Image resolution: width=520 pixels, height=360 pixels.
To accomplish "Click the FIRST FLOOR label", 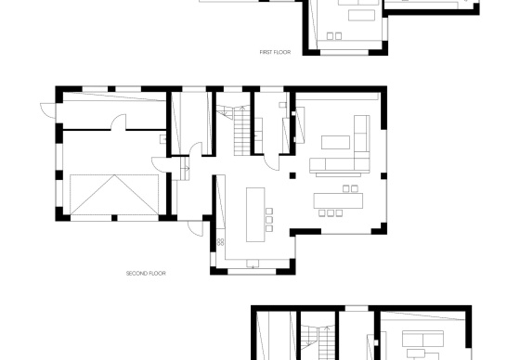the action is tap(275, 52).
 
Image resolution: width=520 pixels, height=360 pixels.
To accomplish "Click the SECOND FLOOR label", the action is tap(146, 273).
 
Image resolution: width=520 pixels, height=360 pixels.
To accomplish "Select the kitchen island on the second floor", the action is tap(255, 214).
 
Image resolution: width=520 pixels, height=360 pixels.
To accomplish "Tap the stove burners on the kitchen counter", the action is tap(221, 242).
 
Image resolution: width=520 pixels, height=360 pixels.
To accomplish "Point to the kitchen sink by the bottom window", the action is tap(253, 264).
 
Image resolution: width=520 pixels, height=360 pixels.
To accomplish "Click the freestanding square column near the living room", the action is tap(292, 175).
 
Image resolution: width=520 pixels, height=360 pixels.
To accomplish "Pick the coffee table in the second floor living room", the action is tap(335, 142).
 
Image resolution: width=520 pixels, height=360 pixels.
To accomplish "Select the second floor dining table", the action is tap(338, 201).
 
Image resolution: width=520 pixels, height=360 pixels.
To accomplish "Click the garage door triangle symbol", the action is tap(114, 195).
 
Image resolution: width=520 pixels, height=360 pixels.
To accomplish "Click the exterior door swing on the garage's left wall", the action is tap(48, 110).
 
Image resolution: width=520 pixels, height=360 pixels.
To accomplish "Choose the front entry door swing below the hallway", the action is tap(195, 228).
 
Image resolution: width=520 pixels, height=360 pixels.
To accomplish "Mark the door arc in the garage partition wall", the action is tap(119, 122).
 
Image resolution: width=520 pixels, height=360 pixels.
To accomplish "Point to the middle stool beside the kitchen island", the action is tap(269, 220).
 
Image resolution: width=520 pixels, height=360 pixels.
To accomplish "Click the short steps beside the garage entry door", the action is tap(185, 168).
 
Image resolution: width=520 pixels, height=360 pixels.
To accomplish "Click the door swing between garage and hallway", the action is tap(159, 164).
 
